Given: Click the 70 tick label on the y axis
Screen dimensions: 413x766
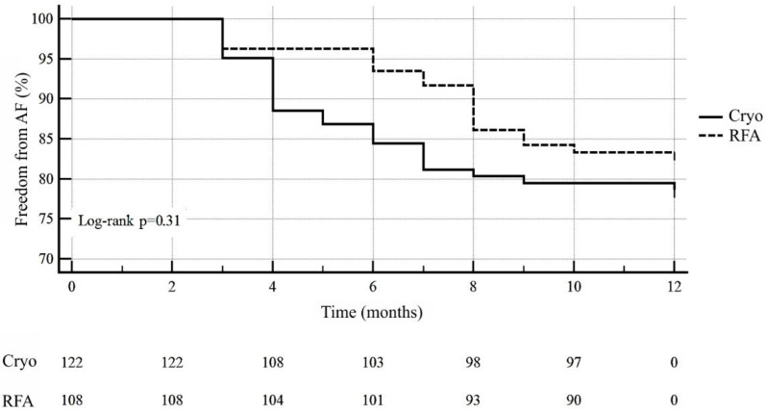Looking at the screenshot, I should [46, 259].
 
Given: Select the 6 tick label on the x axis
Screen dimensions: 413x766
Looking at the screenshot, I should [372, 286].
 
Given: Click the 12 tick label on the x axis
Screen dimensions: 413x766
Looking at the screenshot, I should [674, 286].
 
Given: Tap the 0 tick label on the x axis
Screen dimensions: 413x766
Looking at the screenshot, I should [71, 286].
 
